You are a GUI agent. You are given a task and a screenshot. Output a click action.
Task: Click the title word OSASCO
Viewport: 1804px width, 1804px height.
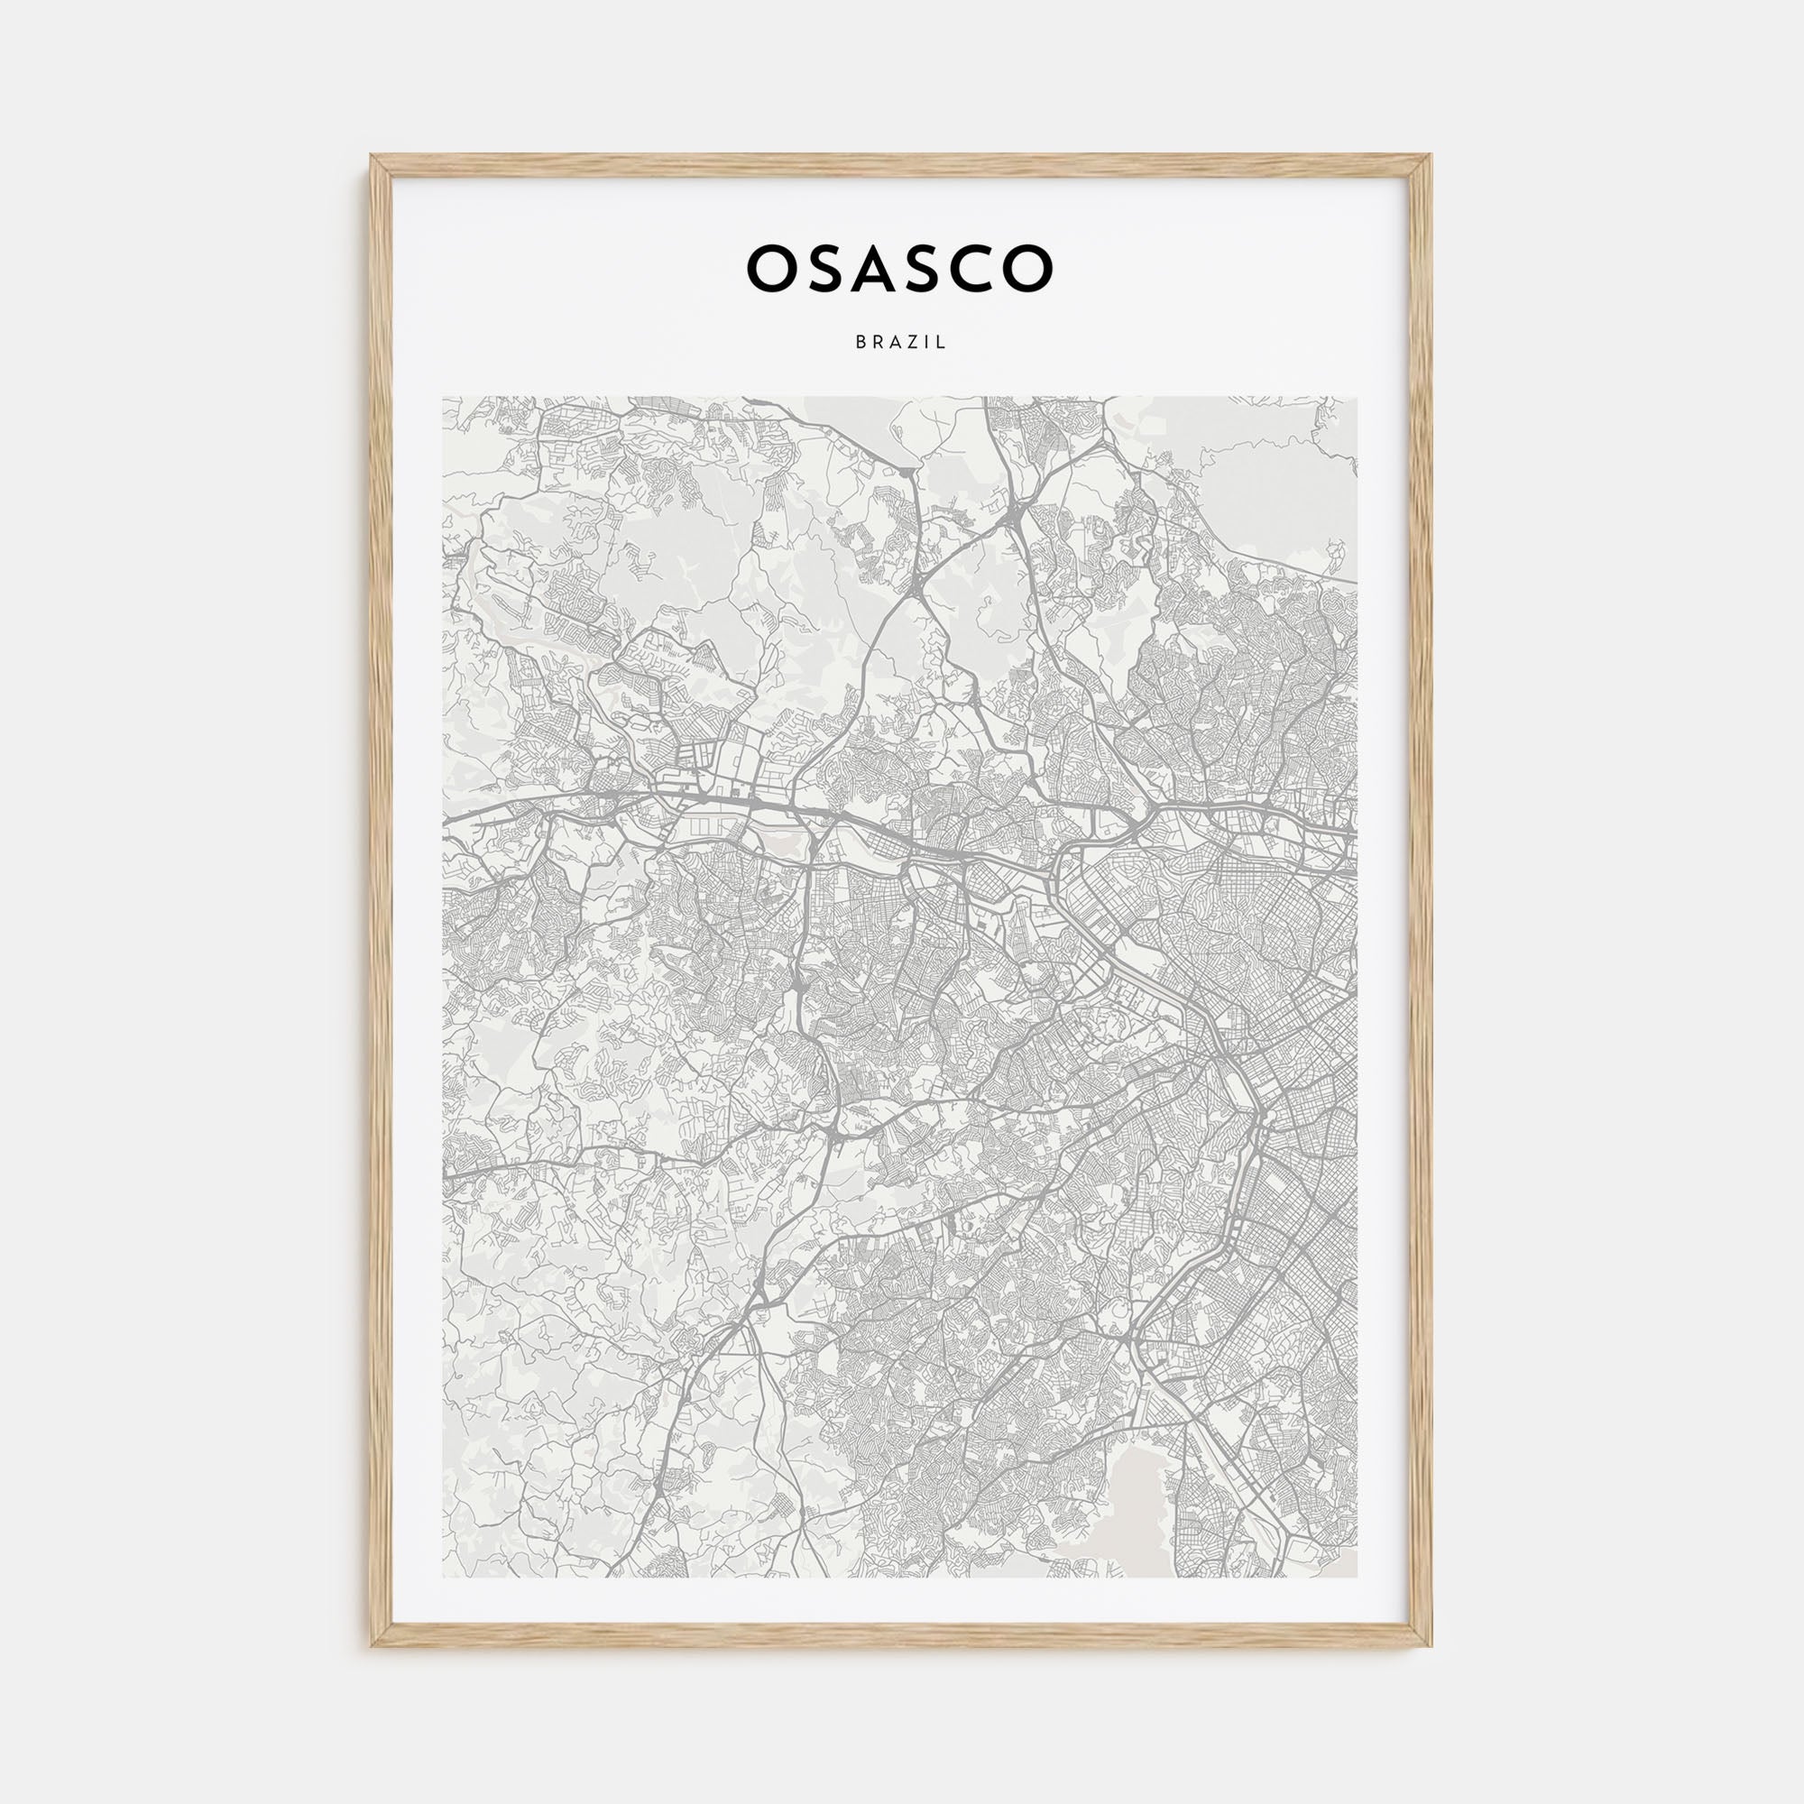coord(900,268)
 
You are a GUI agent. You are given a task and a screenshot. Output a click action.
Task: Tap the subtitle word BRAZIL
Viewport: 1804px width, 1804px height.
coord(901,343)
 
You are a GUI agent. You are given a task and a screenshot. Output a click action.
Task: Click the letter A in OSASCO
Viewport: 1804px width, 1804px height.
coord(875,268)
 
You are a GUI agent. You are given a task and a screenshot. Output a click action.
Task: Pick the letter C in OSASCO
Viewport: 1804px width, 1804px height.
coord(974,268)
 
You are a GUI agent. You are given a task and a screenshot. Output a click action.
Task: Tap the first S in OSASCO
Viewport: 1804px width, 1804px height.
coord(824,268)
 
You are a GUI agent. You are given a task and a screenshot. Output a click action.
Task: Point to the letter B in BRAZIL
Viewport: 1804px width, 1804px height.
coord(860,343)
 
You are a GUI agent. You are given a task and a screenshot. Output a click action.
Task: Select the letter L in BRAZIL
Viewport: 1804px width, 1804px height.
coord(943,343)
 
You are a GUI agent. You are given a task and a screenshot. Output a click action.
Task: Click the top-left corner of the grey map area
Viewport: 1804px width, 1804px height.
coord(443,398)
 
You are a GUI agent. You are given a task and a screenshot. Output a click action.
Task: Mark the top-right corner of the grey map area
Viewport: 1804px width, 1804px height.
coord(1357,398)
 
